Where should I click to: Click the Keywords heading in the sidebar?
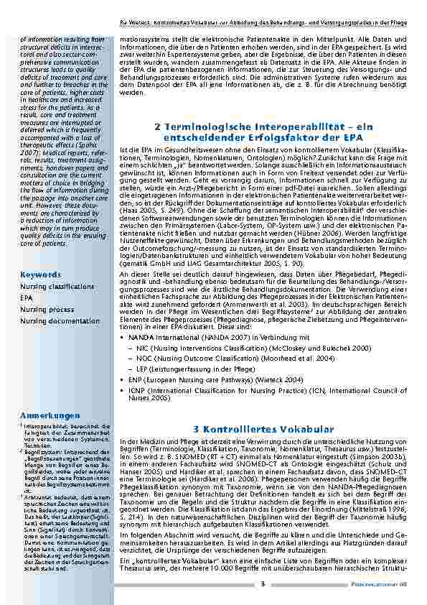coord(40,274)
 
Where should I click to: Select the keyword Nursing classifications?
coord(53,286)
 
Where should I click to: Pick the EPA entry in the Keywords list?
coord(26,297)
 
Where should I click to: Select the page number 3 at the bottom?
coord(263,583)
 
